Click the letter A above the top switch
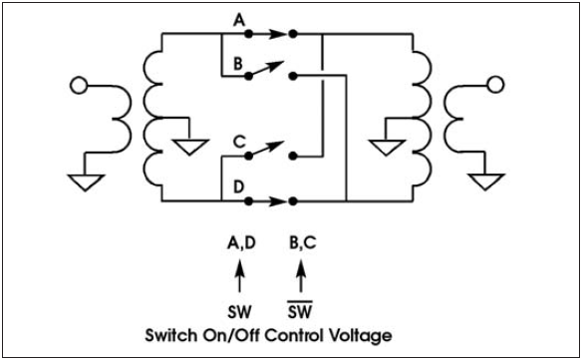(x=238, y=18)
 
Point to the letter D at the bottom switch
(x=238, y=184)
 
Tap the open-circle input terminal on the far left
(x=75, y=87)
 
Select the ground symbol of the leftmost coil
(x=87, y=181)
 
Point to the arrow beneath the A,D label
(x=239, y=274)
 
